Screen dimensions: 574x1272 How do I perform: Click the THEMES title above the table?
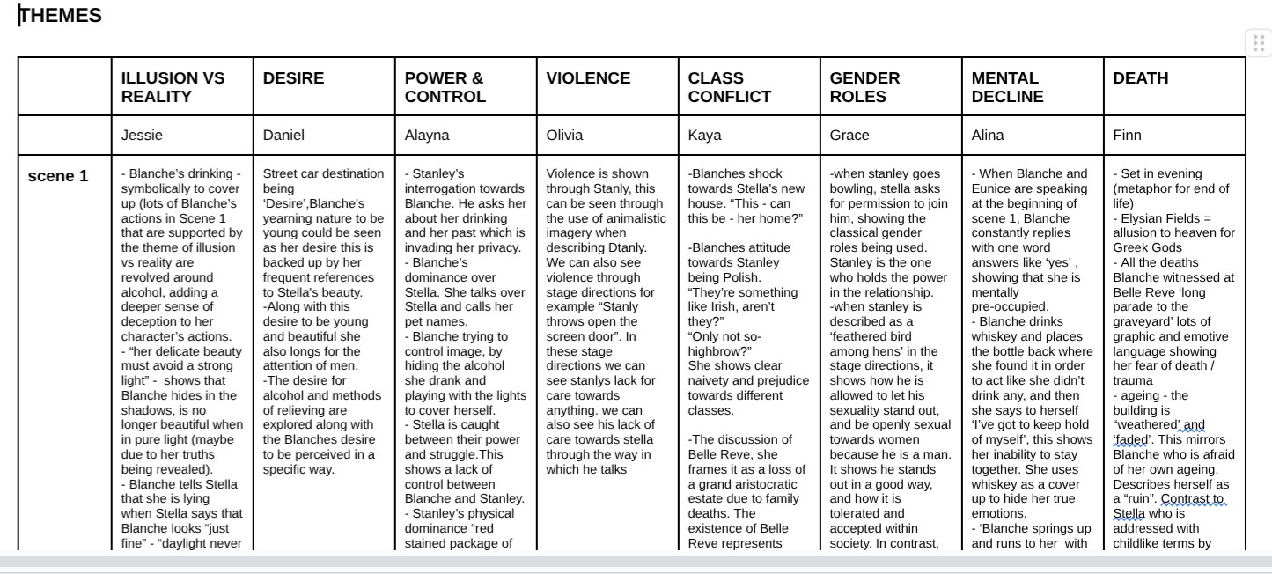[x=61, y=16]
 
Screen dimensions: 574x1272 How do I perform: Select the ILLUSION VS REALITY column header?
[x=173, y=87]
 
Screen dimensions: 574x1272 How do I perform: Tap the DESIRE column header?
[x=293, y=78]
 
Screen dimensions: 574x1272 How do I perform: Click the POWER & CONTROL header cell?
[x=445, y=87]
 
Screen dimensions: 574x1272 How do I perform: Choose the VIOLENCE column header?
[x=588, y=78]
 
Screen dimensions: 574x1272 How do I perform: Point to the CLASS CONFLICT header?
[x=729, y=87]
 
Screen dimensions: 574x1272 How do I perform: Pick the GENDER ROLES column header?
[x=864, y=87]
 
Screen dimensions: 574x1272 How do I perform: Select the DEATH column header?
[x=1140, y=78]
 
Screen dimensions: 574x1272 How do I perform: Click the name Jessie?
[x=142, y=136]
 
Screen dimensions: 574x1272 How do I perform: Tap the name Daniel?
[x=283, y=136]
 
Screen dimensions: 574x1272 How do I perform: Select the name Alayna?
[x=427, y=136]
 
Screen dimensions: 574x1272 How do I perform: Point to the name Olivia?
[x=564, y=136]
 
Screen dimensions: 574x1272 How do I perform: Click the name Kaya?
[x=704, y=136]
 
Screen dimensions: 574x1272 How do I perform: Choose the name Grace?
[x=849, y=136]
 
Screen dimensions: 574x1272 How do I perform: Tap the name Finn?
[x=1127, y=136]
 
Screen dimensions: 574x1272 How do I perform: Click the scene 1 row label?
[x=58, y=176]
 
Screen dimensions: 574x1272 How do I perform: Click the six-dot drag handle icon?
[x=1258, y=43]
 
